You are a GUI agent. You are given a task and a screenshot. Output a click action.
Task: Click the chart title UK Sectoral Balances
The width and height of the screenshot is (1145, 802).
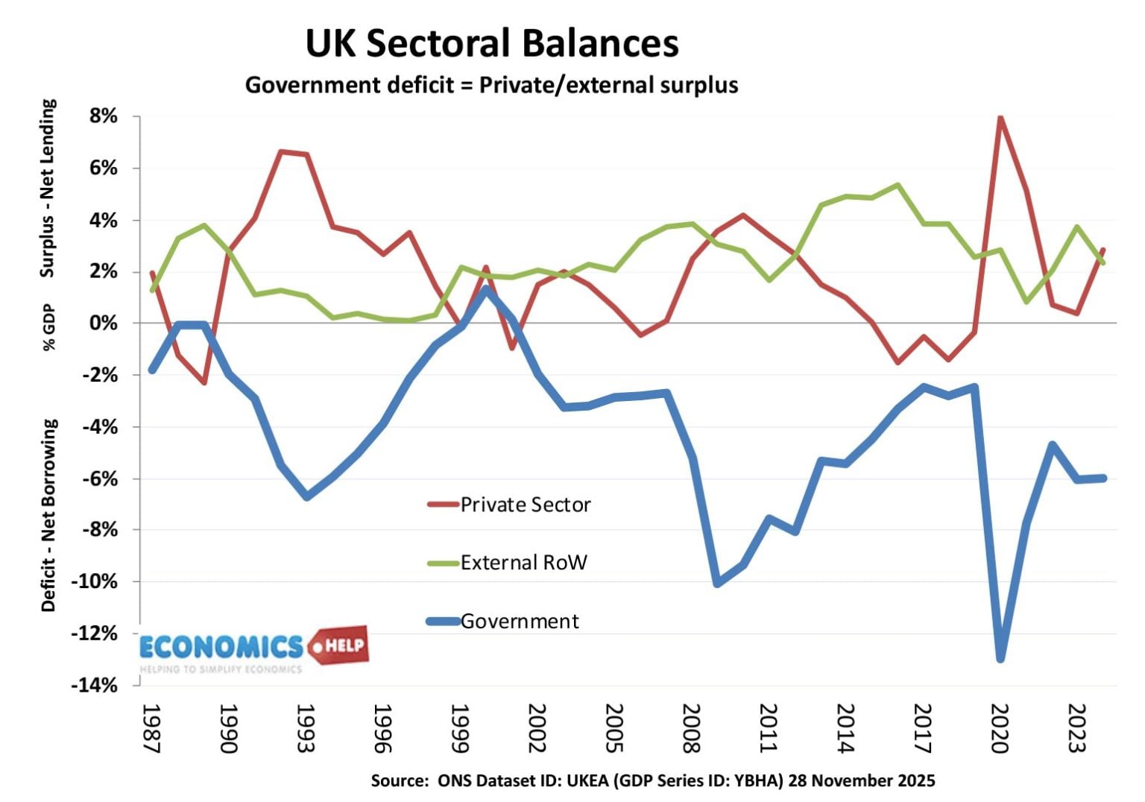(x=492, y=43)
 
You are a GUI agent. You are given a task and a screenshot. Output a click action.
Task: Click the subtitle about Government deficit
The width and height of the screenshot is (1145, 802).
(x=491, y=85)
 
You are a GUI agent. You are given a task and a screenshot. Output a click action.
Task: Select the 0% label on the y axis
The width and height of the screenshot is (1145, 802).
(x=104, y=323)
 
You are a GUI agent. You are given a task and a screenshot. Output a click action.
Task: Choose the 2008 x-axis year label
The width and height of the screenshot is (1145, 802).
(x=691, y=728)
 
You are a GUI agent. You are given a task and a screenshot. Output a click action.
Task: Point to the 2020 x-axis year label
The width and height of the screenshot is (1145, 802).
(x=999, y=728)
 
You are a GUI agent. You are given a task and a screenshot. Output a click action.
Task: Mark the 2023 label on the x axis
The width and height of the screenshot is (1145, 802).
(x=1076, y=728)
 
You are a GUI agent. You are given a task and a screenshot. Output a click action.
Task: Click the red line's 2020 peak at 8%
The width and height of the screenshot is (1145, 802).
(x=1000, y=118)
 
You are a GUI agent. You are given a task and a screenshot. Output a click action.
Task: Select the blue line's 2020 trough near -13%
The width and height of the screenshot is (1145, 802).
(x=1000, y=658)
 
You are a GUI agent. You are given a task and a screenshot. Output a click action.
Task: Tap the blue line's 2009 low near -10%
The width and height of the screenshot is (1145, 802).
(x=717, y=583)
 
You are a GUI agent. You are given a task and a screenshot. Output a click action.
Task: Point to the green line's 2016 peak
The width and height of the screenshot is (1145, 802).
(x=898, y=186)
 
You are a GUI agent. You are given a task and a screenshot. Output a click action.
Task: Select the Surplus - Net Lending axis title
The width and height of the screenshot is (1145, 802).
(x=48, y=188)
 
